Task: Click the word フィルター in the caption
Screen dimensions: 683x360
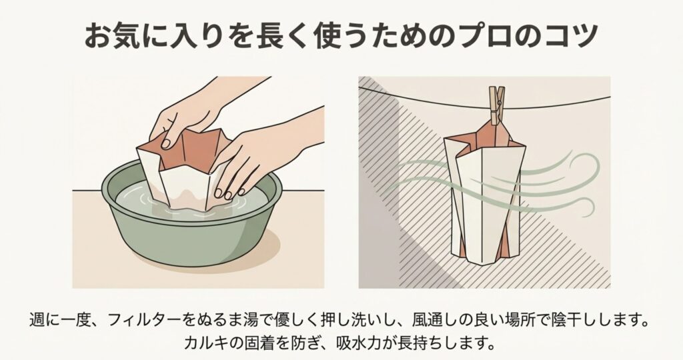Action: [x=142, y=322]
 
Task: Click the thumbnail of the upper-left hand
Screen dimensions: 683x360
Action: [x=166, y=143]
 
